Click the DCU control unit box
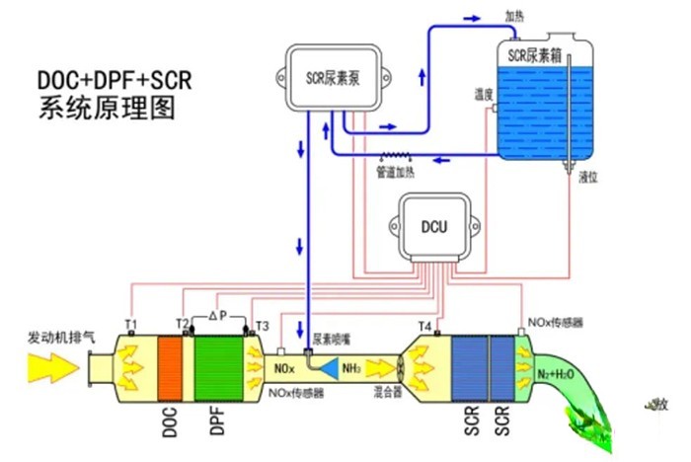pyautogui.click(x=434, y=227)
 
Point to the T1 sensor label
pyautogui.click(x=131, y=324)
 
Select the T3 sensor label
pyautogui.click(x=262, y=325)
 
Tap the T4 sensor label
pyautogui.click(x=425, y=325)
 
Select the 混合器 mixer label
pyautogui.click(x=388, y=392)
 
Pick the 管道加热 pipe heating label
pyautogui.click(x=398, y=172)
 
